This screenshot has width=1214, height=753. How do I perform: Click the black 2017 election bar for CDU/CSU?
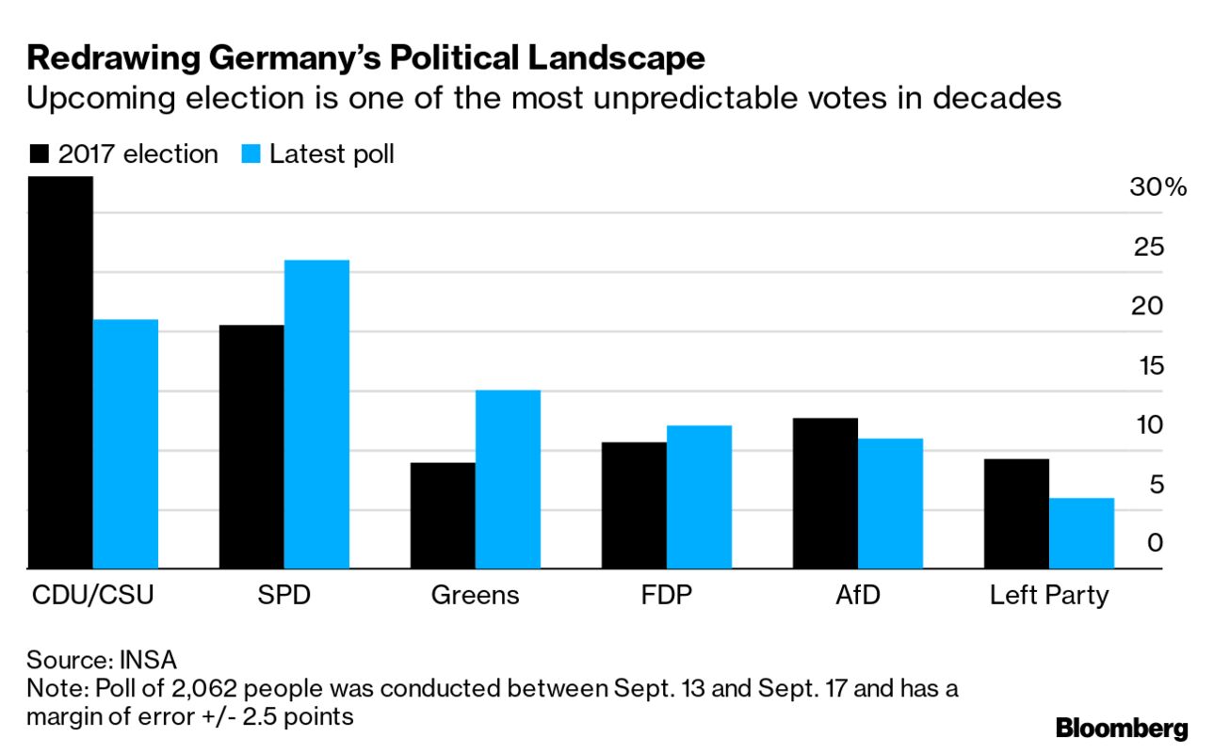(x=60, y=373)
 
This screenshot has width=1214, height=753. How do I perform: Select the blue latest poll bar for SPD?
(x=316, y=414)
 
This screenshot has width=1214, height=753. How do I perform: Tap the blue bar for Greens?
(x=508, y=479)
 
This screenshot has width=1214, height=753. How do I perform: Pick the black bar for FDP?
(x=634, y=505)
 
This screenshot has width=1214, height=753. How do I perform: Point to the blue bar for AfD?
(x=890, y=504)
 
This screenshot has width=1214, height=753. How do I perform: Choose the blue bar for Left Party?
(x=1081, y=533)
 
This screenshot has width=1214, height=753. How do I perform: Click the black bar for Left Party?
(x=1016, y=514)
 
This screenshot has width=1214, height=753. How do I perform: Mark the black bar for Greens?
(x=443, y=516)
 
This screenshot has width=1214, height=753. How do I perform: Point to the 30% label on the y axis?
(x=1157, y=187)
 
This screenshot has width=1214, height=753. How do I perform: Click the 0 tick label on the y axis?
(x=1155, y=542)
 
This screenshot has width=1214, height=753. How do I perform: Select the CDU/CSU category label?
(x=91, y=596)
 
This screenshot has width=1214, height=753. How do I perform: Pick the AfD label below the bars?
(x=857, y=596)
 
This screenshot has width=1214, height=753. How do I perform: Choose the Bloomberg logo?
(x=1122, y=728)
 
